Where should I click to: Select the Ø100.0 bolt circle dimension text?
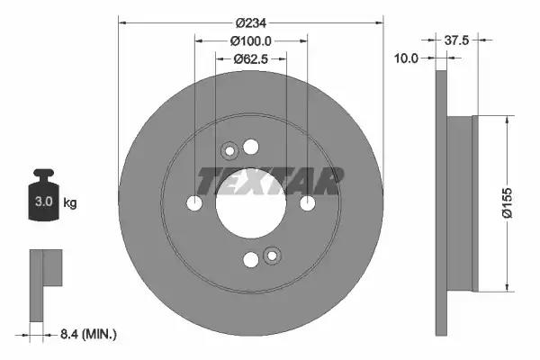click(251, 40)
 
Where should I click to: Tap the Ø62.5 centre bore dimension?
click(250, 59)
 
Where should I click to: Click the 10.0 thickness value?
click(409, 58)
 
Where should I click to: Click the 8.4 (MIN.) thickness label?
click(87, 335)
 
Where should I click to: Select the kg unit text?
click(70, 203)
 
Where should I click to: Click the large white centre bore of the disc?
click(251, 203)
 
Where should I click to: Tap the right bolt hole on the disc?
click(307, 204)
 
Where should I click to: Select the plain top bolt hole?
click(251, 148)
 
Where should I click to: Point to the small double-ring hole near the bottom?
click(272, 256)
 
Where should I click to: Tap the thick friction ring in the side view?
click(440, 203)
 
